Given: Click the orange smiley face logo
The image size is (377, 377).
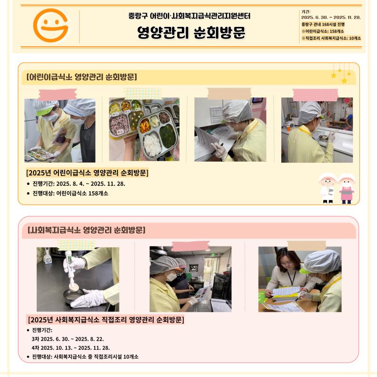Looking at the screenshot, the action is pos(51,25).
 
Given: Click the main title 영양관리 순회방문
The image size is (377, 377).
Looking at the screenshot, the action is pos(191,33).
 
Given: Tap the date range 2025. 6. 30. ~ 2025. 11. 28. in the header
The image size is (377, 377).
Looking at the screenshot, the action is pos(331,17).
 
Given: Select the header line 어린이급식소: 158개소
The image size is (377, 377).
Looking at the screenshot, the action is pos(323,31).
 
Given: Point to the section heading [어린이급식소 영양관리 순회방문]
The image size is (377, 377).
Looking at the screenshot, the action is pos(82,77).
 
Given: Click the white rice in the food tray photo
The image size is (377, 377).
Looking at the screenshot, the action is pos(152,144).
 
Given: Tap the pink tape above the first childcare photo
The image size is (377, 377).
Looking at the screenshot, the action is pos(57,95).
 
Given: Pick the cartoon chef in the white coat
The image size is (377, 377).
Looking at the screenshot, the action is pos(328,188).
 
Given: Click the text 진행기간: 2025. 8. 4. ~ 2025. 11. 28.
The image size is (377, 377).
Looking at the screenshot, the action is pos(79,184).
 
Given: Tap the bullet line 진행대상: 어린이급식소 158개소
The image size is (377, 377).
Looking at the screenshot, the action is pos(70,193).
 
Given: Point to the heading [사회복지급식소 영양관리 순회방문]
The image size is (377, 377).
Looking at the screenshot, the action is pos(87,230).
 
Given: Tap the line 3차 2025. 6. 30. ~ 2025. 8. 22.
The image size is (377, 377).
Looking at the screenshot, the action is pos(68,339).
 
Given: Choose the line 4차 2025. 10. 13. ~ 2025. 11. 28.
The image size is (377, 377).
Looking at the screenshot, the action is pos(71,348).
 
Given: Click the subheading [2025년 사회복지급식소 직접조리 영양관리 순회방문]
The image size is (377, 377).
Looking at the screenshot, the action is pos(106,320).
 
